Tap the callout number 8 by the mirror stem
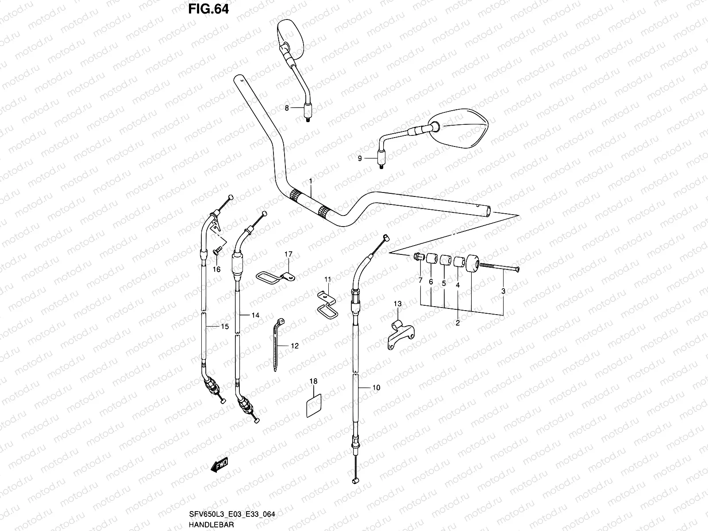[287, 108]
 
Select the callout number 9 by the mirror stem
[360, 158]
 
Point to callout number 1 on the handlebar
[311, 181]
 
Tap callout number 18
[313, 381]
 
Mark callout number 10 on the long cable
[376, 388]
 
